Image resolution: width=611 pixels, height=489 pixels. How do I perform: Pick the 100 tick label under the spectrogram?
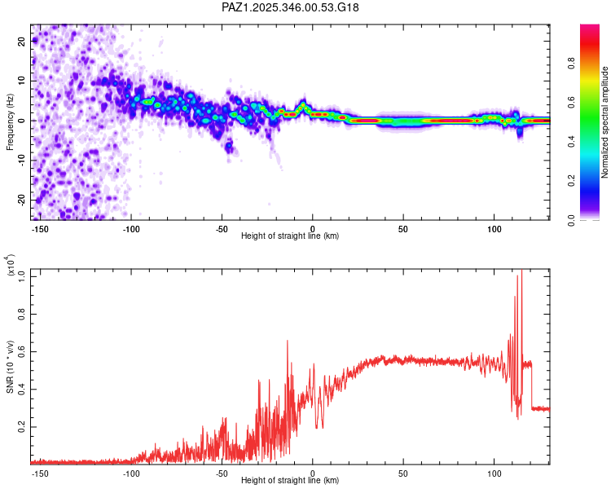pos(495,228)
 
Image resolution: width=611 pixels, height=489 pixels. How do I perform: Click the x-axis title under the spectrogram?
pos(290,236)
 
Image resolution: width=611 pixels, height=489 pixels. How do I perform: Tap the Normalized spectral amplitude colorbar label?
pos(605,122)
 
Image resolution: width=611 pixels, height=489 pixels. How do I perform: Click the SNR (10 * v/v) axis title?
pos(10,363)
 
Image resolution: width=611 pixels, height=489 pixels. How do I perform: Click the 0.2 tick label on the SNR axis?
pos(22,426)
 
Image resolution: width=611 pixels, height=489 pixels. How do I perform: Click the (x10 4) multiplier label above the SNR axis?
pos(10,266)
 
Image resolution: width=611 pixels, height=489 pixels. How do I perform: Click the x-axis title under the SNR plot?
pos(290,481)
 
